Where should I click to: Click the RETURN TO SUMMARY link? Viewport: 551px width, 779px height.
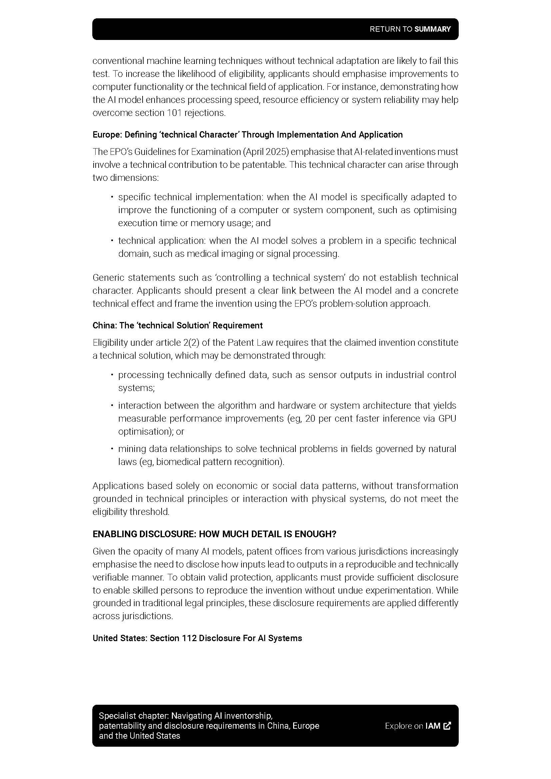click(410, 29)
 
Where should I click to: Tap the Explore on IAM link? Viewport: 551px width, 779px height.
click(412, 726)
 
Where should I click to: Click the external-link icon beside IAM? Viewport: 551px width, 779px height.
click(447, 726)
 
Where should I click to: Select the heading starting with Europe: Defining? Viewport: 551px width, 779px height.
click(247, 135)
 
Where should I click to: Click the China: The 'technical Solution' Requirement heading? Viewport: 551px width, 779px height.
click(178, 325)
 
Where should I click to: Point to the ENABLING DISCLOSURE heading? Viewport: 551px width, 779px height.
click(214, 534)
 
